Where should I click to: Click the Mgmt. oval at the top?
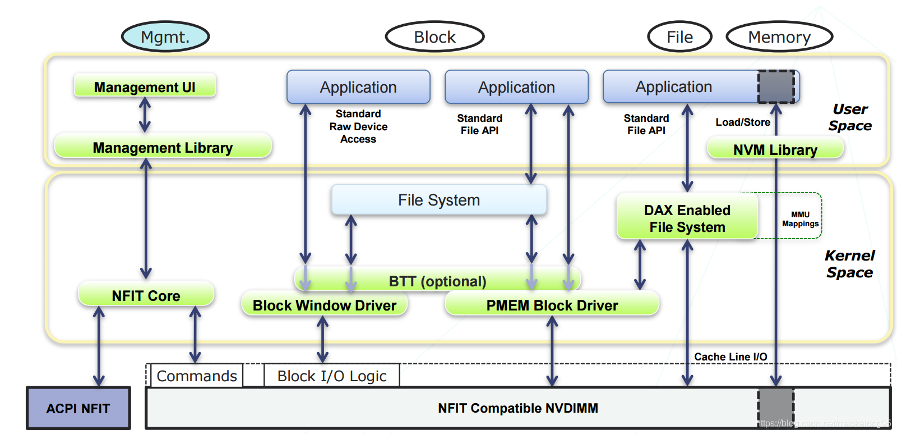(165, 37)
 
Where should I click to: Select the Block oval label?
(434, 37)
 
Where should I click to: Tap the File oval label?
(679, 37)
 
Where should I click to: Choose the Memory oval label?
(779, 37)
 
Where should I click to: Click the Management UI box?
(145, 87)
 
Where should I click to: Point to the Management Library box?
(163, 147)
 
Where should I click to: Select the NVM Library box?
(775, 149)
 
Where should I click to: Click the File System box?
(439, 200)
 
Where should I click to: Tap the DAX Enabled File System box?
(687, 218)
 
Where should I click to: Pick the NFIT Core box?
(146, 295)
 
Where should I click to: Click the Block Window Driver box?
(324, 305)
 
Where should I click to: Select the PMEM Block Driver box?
(552, 305)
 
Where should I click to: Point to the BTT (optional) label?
(437, 281)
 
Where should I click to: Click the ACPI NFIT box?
(78, 408)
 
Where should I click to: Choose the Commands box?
(196, 376)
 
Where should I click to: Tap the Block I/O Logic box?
(331, 376)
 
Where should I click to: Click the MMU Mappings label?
(800, 219)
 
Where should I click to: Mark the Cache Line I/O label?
(730, 357)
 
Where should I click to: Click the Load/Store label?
(742, 122)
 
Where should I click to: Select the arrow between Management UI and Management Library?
(145, 115)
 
